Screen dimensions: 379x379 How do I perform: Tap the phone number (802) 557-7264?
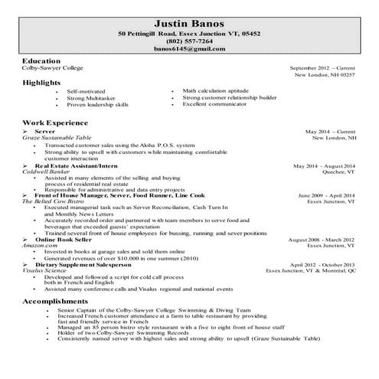pyautogui.click(x=189, y=41)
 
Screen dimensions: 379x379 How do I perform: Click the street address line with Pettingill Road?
pyautogui.click(x=189, y=34)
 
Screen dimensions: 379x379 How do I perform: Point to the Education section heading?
pyautogui.click(x=41, y=60)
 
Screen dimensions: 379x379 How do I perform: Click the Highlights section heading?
pyautogui.click(x=43, y=82)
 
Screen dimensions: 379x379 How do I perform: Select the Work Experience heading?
pyautogui.click(x=54, y=122)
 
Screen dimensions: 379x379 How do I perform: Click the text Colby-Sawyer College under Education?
pyautogui.click(x=53, y=67)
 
